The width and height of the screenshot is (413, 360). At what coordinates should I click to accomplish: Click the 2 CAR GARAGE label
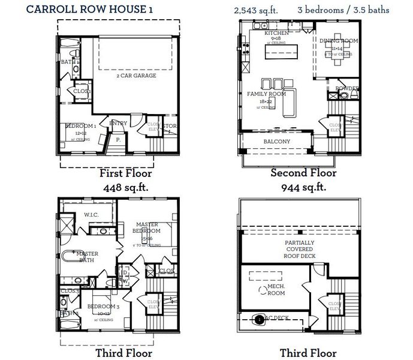pos(136,76)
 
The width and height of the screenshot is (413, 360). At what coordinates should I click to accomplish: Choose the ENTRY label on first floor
pos(117,123)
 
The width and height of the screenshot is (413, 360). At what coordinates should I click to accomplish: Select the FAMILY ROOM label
pos(266,94)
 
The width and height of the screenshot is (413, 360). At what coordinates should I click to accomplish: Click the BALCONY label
pos(277,142)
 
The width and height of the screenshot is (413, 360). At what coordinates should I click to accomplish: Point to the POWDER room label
pos(346,88)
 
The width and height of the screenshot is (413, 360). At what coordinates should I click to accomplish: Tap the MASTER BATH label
pos(85,257)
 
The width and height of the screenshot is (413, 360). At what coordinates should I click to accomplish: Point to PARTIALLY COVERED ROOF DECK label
pos(300,249)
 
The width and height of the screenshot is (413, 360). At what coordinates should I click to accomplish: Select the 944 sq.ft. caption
pos(303,187)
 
